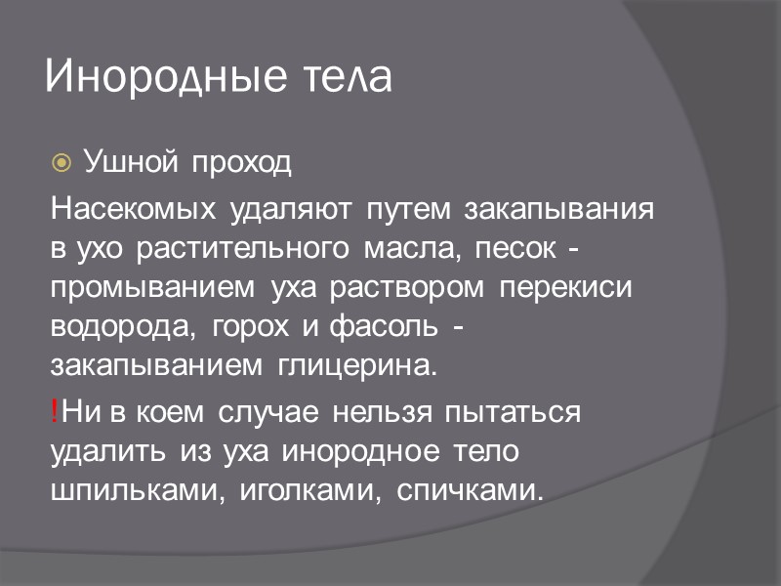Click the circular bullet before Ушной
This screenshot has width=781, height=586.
(x=61, y=161)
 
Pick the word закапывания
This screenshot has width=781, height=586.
(x=559, y=212)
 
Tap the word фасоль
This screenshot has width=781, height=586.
(x=391, y=328)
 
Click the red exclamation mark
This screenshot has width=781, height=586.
(x=55, y=411)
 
